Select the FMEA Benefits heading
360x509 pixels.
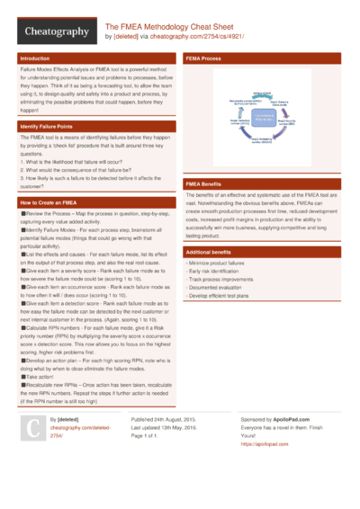pos(210,183)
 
